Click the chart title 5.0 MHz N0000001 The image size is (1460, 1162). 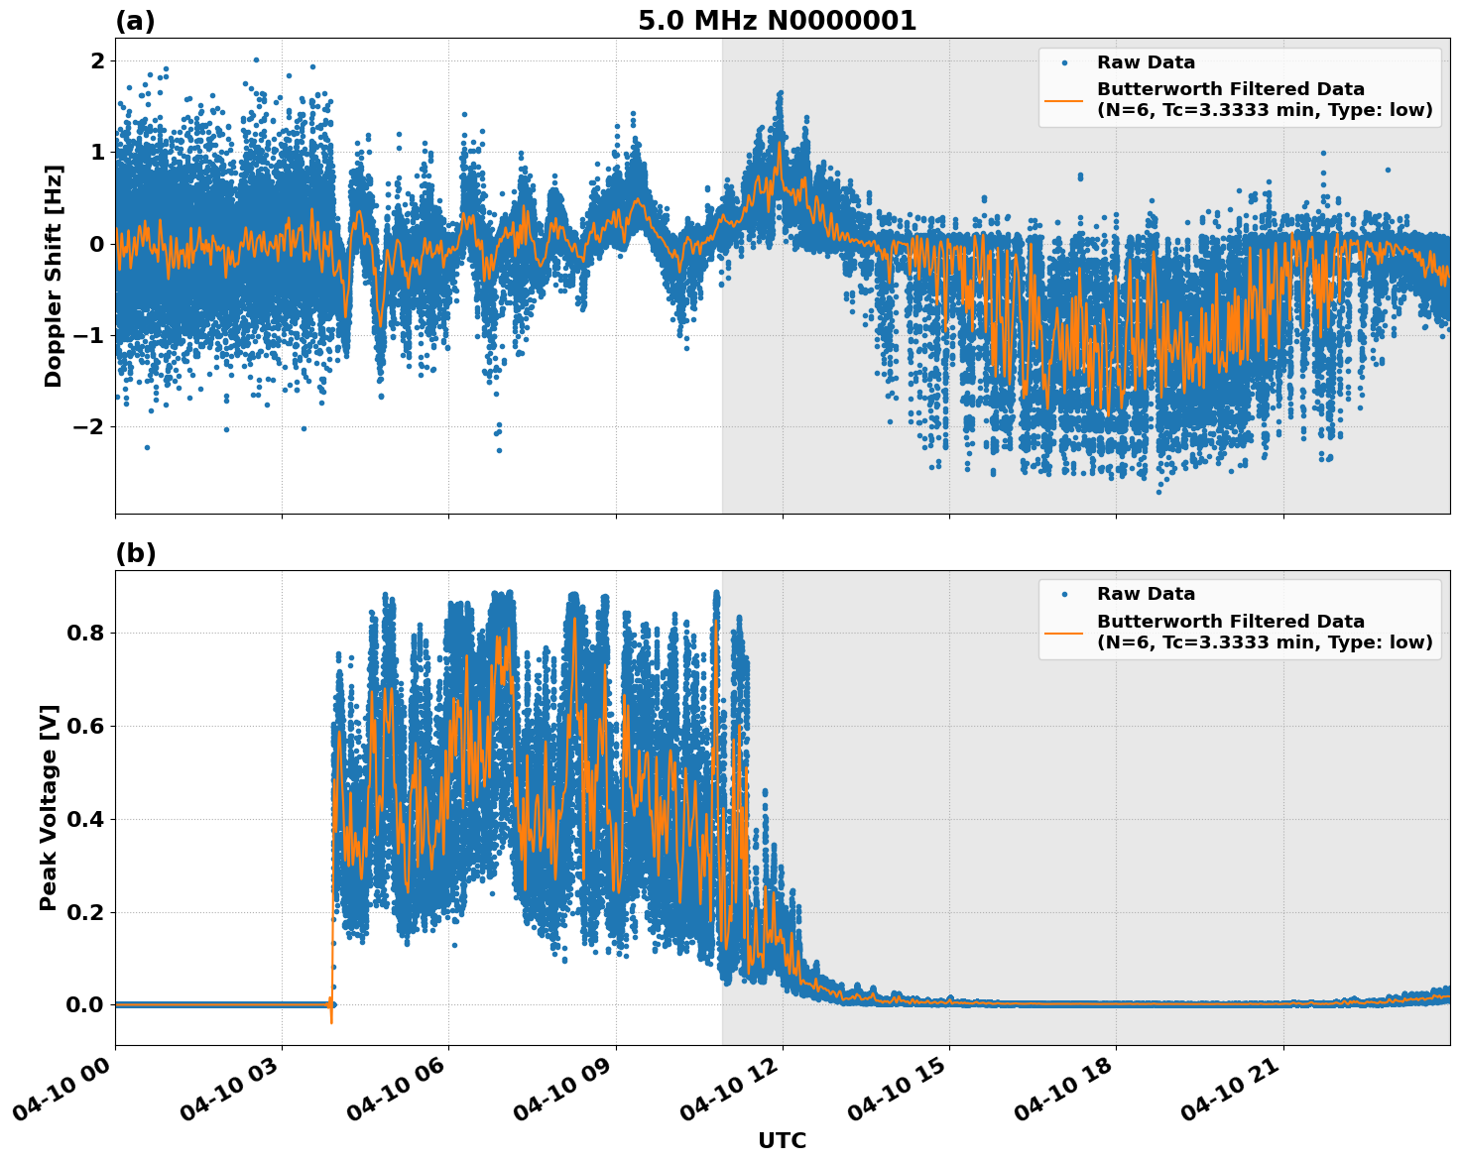coord(777,21)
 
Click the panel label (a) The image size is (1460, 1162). coord(135,21)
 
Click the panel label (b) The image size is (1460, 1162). coord(135,553)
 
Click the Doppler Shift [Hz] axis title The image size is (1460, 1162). coord(54,276)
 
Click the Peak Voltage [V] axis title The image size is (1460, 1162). coord(49,807)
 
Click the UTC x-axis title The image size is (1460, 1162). coord(782,1140)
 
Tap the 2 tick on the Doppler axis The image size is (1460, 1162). coord(97,61)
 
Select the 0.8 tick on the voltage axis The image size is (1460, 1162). coord(84,633)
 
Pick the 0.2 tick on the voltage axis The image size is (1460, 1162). coord(84,912)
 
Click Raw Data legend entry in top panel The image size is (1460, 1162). coord(1146,62)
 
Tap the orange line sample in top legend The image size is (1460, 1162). coord(1063,99)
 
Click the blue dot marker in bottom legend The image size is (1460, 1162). coord(1063,594)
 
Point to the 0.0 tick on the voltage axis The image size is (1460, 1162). coord(84,1005)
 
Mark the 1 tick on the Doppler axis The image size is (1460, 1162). coord(97,153)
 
